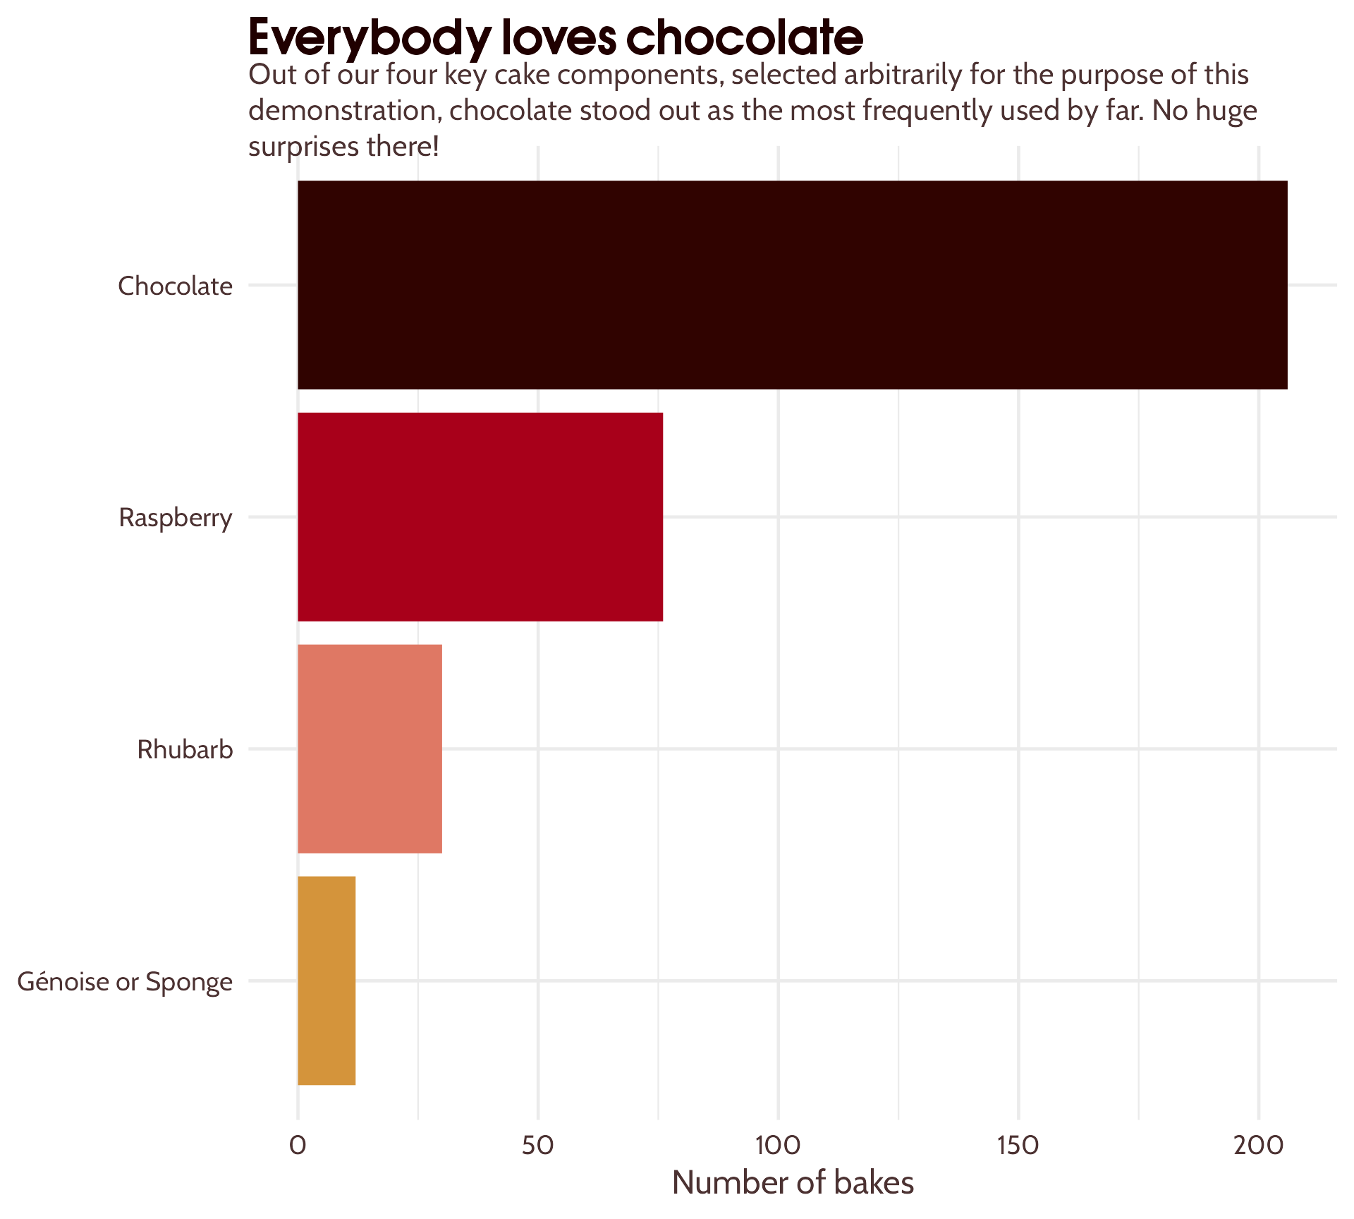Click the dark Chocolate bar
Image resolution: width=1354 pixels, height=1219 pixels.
click(792, 285)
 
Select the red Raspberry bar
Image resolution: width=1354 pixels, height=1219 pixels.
click(480, 517)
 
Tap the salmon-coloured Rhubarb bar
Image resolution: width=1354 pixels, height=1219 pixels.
click(370, 748)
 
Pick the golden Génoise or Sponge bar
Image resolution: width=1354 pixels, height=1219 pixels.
click(327, 981)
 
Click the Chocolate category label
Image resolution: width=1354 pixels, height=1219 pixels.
click(175, 286)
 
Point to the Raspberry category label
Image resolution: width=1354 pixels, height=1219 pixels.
click(176, 518)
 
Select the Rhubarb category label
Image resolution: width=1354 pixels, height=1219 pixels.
click(185, 750)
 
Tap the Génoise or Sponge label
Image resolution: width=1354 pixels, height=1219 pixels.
click(125, 982)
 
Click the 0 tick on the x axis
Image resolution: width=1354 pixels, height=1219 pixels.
click(298, 1146)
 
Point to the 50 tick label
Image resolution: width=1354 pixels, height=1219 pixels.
click(538, 1146)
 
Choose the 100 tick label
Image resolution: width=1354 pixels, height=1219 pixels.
click(778, 1146)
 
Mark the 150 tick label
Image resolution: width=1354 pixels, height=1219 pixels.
click(1018, 1146)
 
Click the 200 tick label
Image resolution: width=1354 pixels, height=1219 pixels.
click(1259, 1146)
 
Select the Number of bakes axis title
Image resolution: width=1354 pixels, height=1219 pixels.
click(793, 1183)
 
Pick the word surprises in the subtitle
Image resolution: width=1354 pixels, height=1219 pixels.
click(303, 147)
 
